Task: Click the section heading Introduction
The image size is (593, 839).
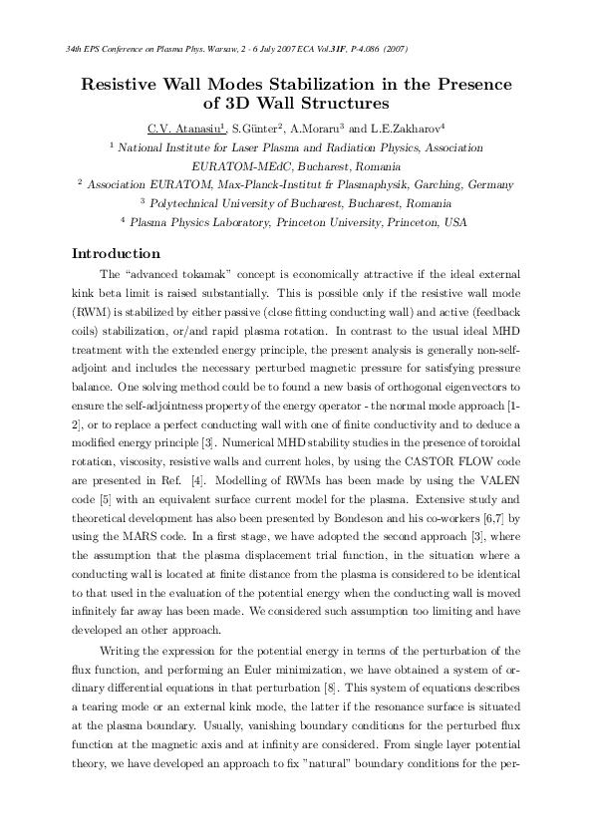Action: pyautogui.click(x=117, y=253)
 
